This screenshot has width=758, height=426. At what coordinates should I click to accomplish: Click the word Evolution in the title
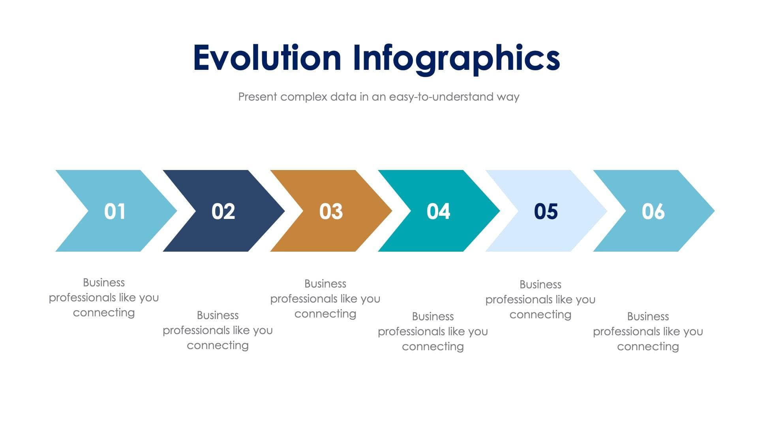coord(267,58)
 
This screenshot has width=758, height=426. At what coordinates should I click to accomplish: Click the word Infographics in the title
coord(456,58)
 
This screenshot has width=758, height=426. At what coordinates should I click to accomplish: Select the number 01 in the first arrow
coord(115,211)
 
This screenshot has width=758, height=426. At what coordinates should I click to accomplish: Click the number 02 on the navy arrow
coord(223,211)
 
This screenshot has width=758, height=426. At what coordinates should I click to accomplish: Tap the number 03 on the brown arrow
coord(331,211)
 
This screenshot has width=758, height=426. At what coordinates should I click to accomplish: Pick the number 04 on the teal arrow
coord(438,211)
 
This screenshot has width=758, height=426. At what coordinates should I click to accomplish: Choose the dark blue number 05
coord(546,211)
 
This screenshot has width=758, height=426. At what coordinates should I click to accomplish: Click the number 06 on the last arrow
coord(653,211)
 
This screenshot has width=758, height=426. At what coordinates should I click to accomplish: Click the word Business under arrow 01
coord(104,282)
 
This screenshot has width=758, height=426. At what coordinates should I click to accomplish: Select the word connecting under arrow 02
coord(218,345)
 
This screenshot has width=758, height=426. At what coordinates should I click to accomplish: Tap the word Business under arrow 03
coord(325,284)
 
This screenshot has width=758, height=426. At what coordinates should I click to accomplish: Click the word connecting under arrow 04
coord(433,346)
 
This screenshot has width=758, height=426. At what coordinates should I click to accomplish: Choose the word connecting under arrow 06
coord(648,346)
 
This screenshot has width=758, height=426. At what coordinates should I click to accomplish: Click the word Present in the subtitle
coord(257,97)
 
